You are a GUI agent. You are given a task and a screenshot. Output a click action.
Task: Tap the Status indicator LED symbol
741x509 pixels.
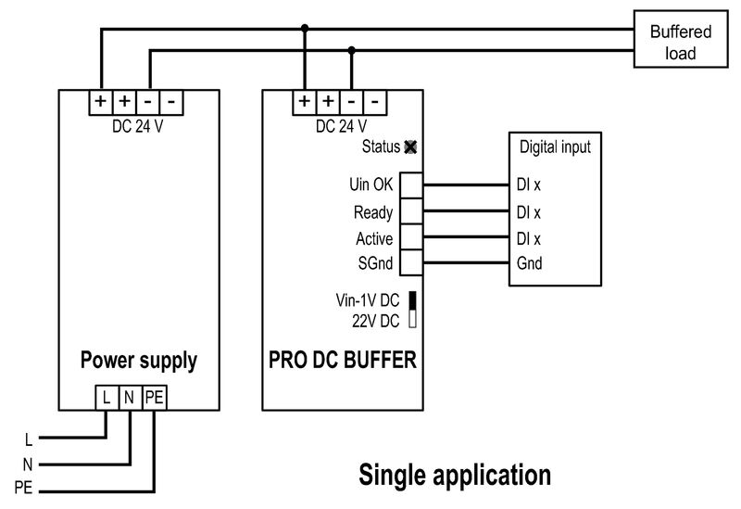tap(411, 146)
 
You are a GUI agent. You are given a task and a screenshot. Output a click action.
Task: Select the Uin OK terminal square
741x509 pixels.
tap(410, 185)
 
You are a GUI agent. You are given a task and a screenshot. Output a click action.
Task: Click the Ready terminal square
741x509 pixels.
tap(410, 212)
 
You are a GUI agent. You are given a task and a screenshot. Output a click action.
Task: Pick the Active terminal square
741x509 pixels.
tap(410, 238)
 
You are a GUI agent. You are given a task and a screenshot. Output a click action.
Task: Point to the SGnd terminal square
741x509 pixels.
tap(410, 264)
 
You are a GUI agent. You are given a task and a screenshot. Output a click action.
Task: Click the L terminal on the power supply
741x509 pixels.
tap(107, 398)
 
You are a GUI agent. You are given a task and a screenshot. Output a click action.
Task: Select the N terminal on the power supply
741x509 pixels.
tap(130, 398)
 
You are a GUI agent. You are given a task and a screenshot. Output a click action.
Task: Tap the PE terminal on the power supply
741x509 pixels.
tap(154, 398)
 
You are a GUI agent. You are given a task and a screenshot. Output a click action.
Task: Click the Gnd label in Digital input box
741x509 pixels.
tap(529, 264)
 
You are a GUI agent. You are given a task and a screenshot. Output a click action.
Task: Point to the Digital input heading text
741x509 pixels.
tap(554, 146)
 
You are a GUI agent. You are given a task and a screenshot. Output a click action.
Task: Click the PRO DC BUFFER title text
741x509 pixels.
tap(342, 360)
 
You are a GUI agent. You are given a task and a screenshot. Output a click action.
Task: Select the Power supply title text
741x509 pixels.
tap(139, 360)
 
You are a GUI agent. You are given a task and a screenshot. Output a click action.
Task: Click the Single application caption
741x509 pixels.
tap(454, 476)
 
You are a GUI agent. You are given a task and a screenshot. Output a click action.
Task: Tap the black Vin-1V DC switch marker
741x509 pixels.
tap(411, 300)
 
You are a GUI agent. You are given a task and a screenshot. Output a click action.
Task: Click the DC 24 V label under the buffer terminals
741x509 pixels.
tap(341, 127)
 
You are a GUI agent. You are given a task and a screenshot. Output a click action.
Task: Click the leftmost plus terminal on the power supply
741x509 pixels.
tap(100, 100)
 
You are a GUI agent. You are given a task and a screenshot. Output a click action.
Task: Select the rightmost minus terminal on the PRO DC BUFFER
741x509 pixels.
tap(374, 100)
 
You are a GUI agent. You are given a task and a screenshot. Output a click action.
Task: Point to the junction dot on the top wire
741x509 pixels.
tap(305, 29)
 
